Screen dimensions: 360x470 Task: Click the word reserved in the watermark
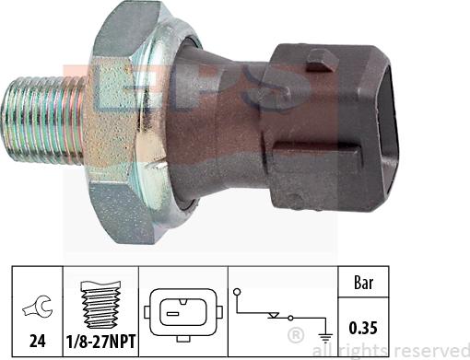click(431, 350)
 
